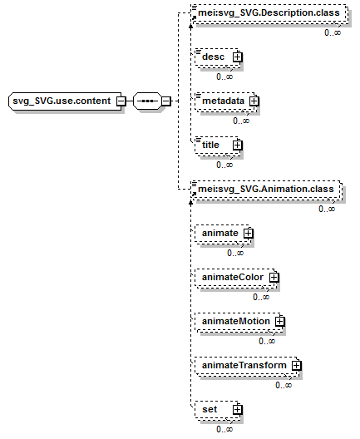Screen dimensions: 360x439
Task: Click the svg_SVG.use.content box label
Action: click(62, 101)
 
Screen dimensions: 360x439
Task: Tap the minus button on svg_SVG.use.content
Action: click(121, 101)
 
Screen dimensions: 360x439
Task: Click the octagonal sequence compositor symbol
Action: click(147, 101)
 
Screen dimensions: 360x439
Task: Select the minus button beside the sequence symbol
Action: click(166, 101)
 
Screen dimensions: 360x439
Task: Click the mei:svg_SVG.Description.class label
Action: click(269, 12)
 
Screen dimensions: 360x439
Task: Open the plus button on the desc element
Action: click(238, 57)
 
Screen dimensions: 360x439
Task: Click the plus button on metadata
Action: click(254, 101)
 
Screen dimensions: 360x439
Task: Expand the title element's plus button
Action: click(238, 145)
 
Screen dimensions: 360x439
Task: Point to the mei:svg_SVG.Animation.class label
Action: click(266, 189)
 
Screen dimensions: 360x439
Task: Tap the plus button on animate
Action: click(249, 233)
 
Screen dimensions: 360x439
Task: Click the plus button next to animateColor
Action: click(274, 277)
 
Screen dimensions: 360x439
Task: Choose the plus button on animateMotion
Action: click(279, 321)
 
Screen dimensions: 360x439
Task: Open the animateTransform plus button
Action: click(296, 365)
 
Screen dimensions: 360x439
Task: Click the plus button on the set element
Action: click(238, 410)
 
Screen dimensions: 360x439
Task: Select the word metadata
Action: click(223, 101)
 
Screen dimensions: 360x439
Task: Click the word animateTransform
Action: click(244, 365)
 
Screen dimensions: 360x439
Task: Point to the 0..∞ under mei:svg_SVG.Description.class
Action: click(333, 32)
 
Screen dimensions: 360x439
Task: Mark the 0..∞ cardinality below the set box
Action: click(224, 429)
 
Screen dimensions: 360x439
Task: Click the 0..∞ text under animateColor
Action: click(261, 297)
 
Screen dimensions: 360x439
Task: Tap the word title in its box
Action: click(210, 145)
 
